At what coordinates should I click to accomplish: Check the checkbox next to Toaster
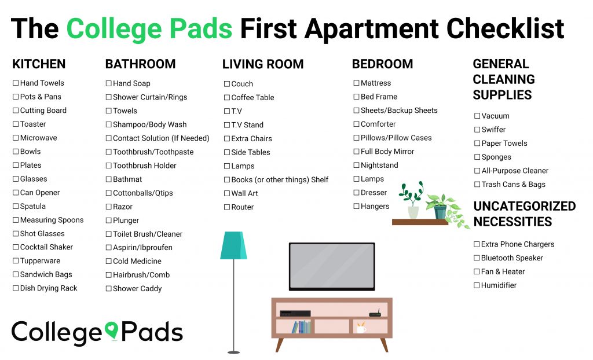[16, 124]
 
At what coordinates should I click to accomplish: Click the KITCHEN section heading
[39, 64]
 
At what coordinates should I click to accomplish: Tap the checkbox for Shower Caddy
[108, 289]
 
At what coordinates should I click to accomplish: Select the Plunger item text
[126, 221]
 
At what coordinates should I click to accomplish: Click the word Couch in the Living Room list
[242, 84]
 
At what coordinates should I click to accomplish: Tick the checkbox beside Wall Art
[227, 194]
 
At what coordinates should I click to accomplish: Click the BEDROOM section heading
[382, 64]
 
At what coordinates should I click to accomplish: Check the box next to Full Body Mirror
[356, 152]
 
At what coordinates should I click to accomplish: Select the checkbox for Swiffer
[477, 130]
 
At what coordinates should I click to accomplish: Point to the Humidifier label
[499, 285]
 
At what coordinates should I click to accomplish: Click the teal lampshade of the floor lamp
[234, 245]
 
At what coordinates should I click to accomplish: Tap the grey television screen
[332, 267]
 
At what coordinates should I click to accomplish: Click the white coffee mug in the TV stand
[361, 328]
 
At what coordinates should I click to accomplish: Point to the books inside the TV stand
[301, 327]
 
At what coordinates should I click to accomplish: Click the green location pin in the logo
[112, 330]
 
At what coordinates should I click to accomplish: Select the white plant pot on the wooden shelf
[413, 212]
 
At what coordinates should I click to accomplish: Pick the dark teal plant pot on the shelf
[440, 212]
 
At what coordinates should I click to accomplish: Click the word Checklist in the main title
[505, 29]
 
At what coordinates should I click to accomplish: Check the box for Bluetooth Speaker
[477, 258]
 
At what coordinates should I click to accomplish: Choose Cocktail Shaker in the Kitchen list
[46, 247]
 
